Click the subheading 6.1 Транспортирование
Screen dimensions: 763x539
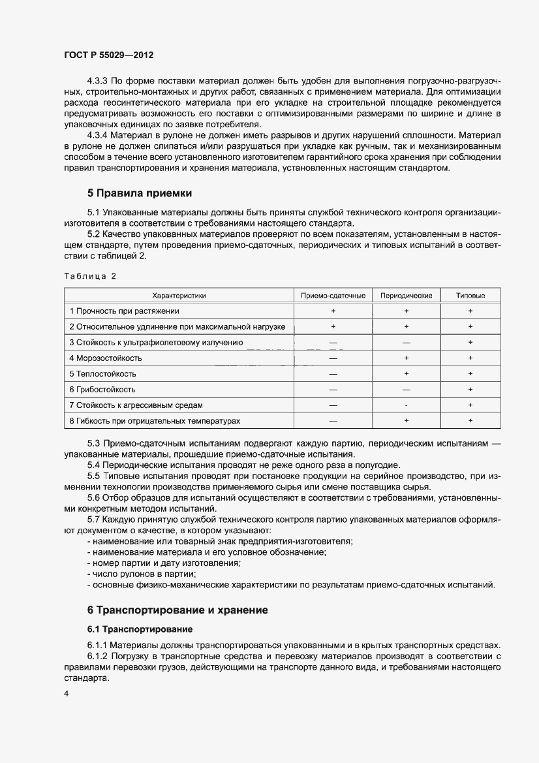pyautogui.click(x=140, y=629)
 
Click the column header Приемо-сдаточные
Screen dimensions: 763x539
pyautogui.click(x=333, y=296)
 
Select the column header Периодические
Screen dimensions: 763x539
pyautogui.click(x=406, y=296)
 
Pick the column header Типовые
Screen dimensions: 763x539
pyautogui.click(x=470, y=296)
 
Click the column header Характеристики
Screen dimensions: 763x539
pyautogui.click(x=179, y=296)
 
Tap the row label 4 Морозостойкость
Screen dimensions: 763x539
pyautogui.click(x=106, y=358)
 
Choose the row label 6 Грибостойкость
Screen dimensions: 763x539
pyautogui.click(x=103, y=390)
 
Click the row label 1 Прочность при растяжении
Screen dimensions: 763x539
pyautogui.click(x=124, y=311)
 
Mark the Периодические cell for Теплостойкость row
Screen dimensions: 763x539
pyautogui.click(x=406, y=374)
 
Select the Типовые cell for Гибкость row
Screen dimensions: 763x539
pyautogui.click(x=470, y=421)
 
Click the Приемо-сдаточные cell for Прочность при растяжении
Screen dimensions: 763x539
pyautogui.click(x=333, y=311)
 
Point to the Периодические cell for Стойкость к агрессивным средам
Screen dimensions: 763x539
pyautogui.click(x=406, y=405)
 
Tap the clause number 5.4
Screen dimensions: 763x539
pyautogui.click(x=95, y=465)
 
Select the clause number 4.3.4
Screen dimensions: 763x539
pyautogui.click(x=99, y=134)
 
